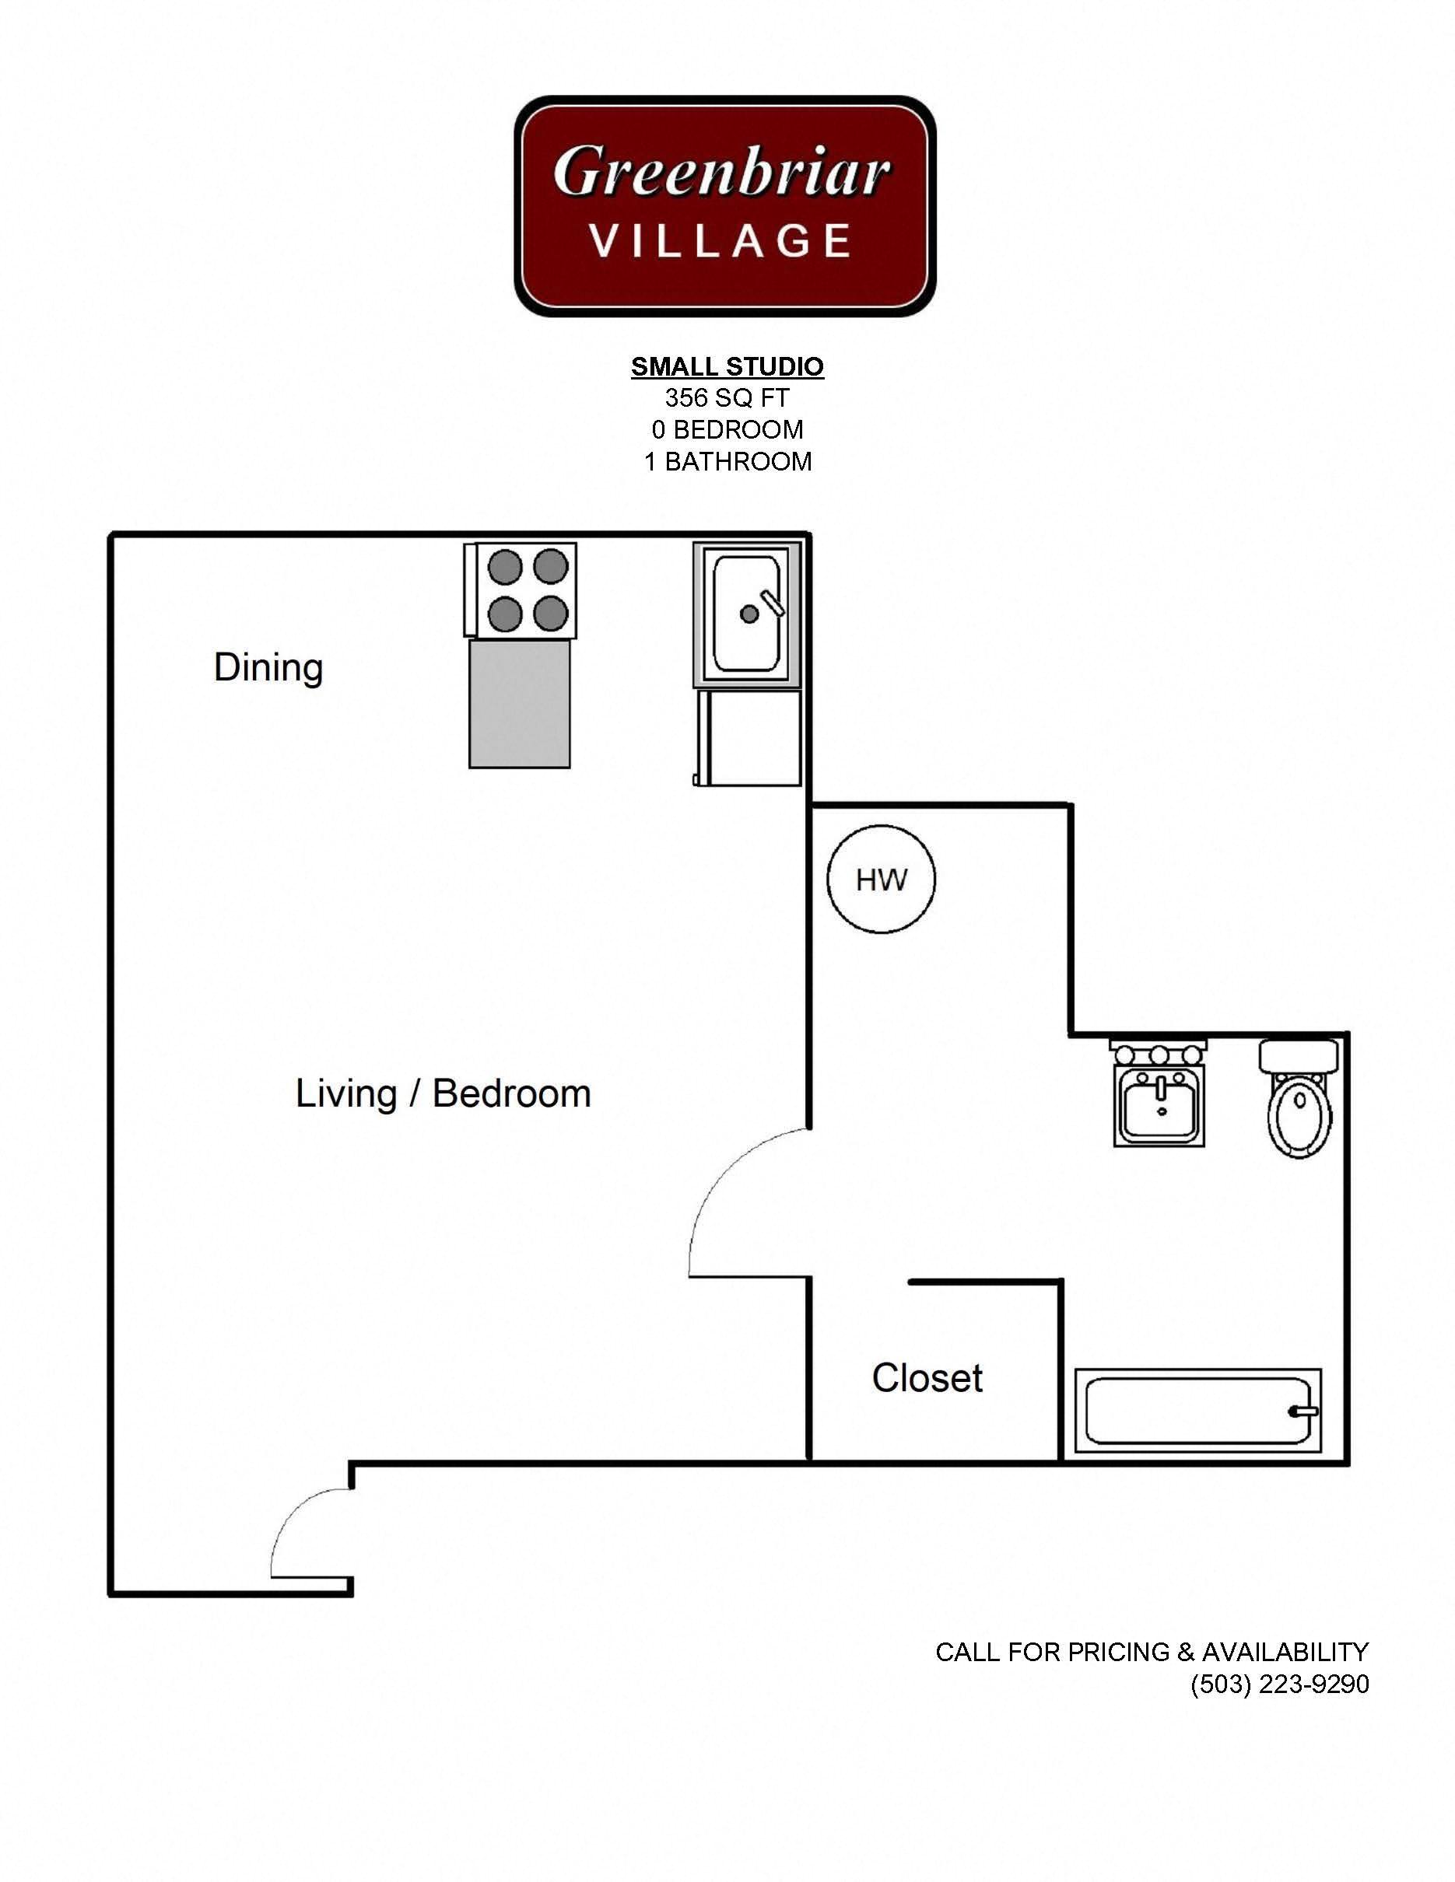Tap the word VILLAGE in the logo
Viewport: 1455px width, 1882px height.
pos(720,240)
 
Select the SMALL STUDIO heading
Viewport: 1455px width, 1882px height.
pos(727,366)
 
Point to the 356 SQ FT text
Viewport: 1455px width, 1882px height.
pos(727,397)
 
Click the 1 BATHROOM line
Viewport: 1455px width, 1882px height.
pos(727,462)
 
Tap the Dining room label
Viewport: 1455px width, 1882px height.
pos(268,667)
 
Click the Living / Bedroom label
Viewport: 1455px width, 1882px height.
pos(443,1093)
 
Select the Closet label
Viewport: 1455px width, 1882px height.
pos(927,1378)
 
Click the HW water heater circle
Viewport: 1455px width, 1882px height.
pos(881,880)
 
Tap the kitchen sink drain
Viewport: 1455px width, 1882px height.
pos(749,614)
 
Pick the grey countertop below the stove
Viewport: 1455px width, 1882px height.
pos(519,703)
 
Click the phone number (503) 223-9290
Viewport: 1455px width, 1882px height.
pos(1279,1684)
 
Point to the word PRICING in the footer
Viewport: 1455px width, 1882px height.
pos(1119,1652)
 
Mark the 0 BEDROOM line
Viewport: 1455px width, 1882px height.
pos(727,429)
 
